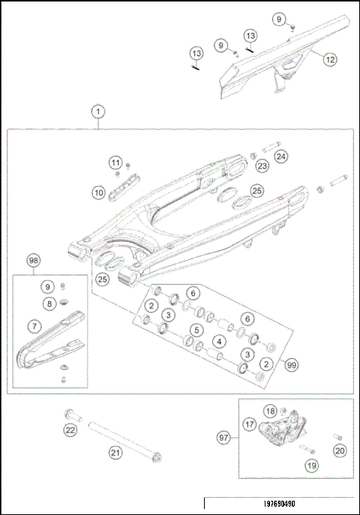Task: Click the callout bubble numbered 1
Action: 97,112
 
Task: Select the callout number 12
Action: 331,58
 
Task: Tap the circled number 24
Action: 280,157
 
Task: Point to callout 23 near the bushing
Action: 262,166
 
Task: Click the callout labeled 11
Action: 115,163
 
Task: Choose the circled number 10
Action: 98,193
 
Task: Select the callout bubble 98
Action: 34,260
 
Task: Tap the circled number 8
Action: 49,304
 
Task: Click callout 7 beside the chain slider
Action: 34,326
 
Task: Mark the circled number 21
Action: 115,452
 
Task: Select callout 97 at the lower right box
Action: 223,437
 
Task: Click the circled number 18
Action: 270,410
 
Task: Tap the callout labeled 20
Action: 340,451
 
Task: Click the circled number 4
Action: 219,342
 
